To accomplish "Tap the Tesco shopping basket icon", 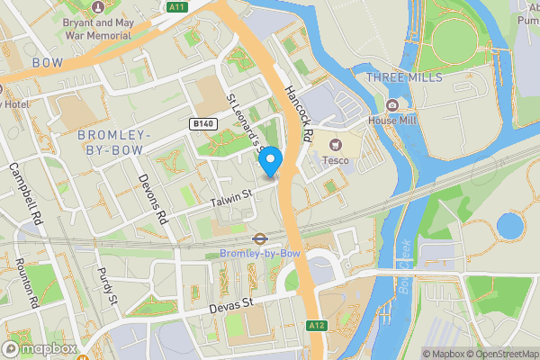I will coord(337,144).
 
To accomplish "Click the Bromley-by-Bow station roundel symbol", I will coord(258,239).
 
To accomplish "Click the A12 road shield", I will coord(315,325).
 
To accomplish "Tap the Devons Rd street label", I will coord(152,198).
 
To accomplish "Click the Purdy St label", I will coord(107,284).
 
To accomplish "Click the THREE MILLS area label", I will coord(404,78).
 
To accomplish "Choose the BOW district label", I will coord(48,62).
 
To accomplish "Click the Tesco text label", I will coord(336,161).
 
